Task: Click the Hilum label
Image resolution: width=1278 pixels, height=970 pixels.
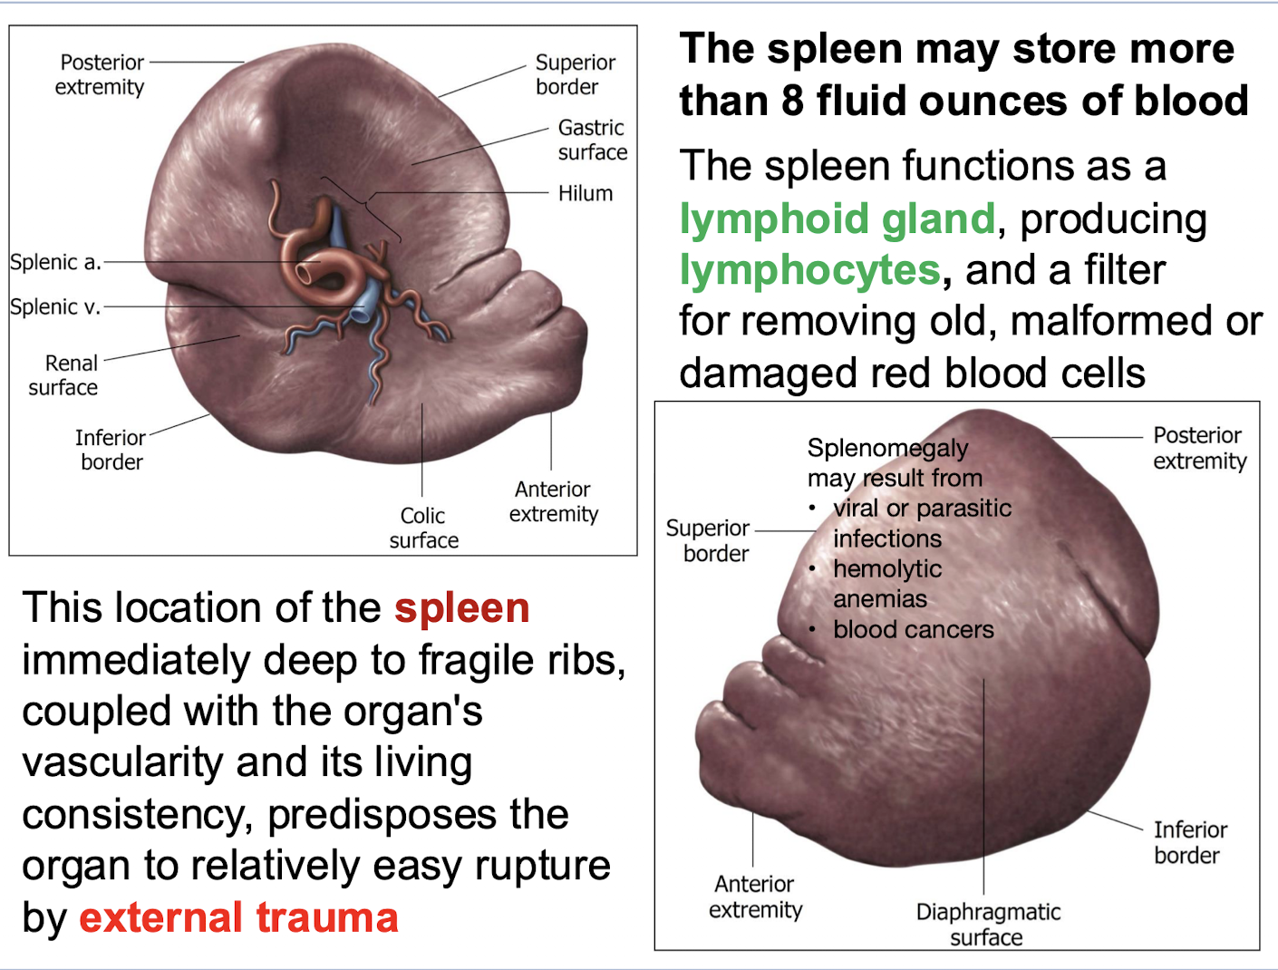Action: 585,193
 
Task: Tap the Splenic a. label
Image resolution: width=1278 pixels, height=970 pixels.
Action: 55,262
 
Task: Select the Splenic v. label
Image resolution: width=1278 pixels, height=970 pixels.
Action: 55,306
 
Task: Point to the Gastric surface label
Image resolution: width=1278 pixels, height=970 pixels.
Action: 592,140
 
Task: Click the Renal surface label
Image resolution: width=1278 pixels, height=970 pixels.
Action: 63,375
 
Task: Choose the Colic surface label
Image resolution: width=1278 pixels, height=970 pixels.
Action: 423,528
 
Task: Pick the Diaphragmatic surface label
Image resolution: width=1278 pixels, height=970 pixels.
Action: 987,924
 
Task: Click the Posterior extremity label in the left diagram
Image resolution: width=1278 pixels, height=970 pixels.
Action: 100,74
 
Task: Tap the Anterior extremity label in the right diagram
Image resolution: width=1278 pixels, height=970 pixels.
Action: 755,897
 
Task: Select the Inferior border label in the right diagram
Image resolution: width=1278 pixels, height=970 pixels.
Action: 1189,842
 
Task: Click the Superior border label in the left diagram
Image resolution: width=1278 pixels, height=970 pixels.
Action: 574,74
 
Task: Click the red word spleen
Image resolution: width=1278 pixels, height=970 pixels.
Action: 461,607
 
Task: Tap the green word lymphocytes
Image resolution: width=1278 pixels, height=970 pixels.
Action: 810,270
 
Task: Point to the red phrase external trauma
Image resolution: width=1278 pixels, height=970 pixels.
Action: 239,917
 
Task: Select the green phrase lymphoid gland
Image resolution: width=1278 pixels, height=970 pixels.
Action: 837,218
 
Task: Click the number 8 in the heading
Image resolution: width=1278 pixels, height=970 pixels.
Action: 792,101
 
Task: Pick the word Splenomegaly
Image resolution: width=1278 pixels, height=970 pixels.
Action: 887,448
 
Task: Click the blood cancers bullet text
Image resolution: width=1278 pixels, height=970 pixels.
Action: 913,629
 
